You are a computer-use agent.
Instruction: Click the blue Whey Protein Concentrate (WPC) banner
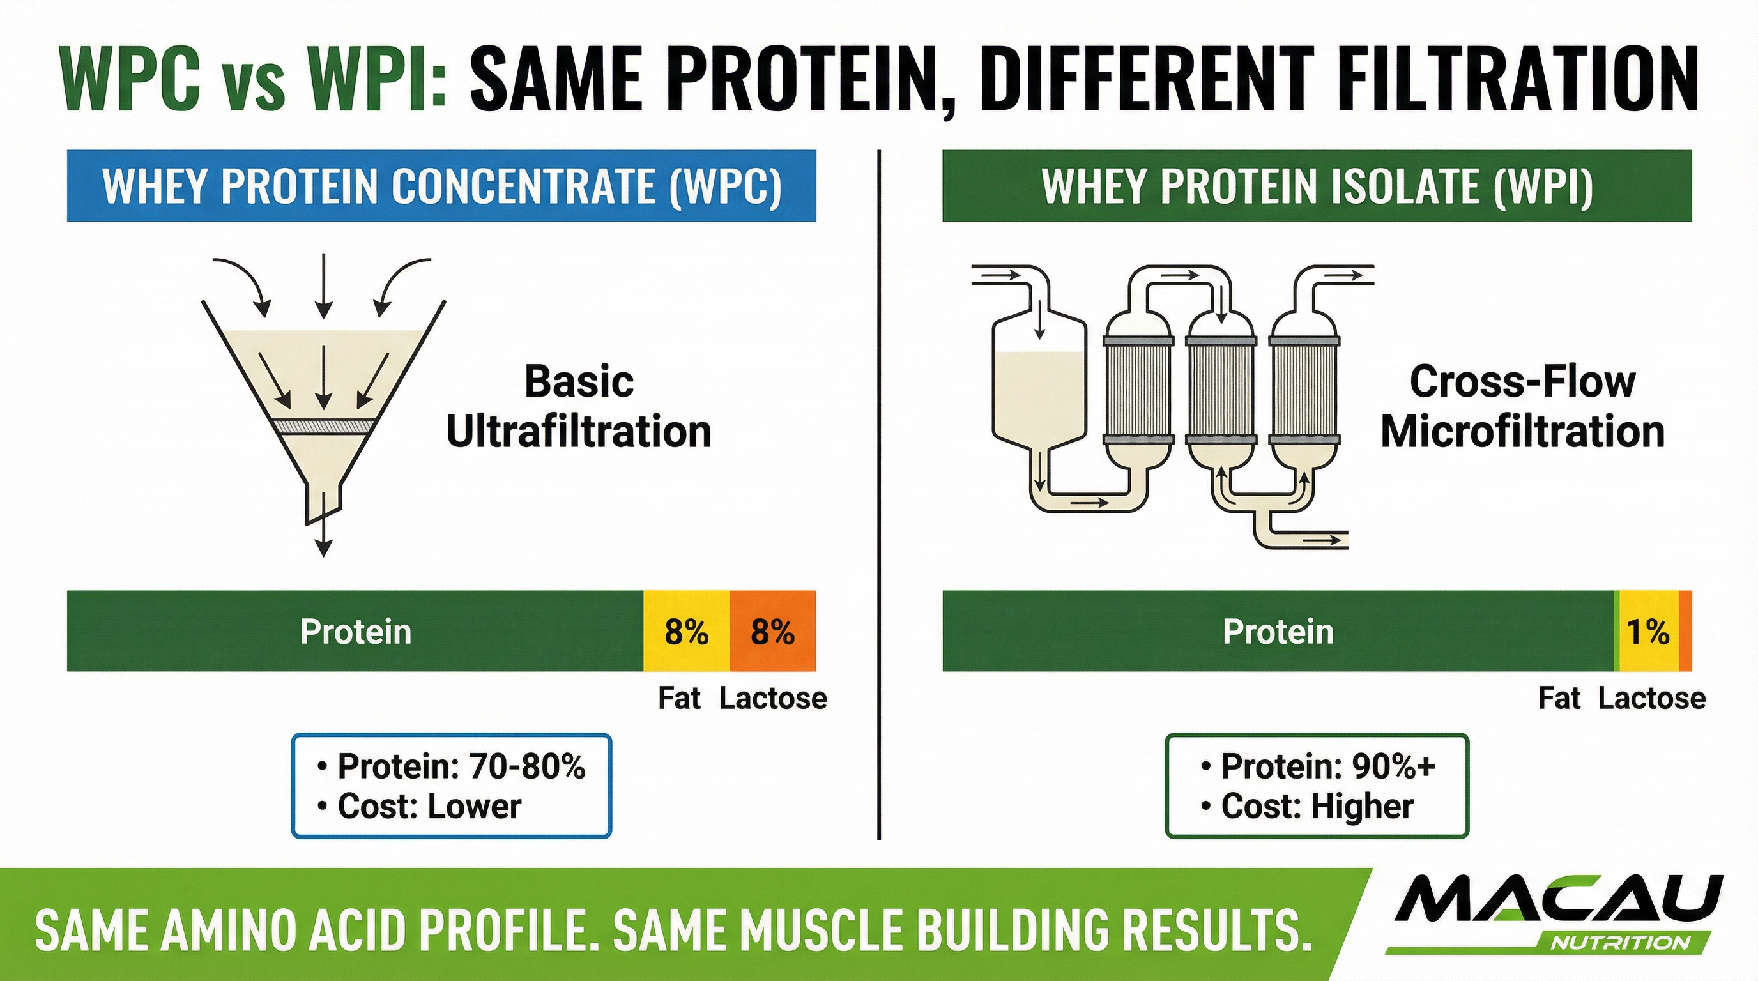pyautogui.click(x=441, y=186)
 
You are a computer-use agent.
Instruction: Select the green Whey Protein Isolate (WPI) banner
pyautogui.click(x=1317, y=186)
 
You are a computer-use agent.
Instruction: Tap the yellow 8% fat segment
pyautogui.click(x=686, y=631)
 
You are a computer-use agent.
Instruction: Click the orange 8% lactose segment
pyautogui.click(x=772, y=631)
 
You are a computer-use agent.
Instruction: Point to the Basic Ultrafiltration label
pyautogui.click(x=579, y=407)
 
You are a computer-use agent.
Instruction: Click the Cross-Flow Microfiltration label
pyautogui.click(x=1522, y=407)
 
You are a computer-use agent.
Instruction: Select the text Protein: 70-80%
pyautogui.click(x=461, y=766)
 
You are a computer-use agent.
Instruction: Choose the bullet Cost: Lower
pyautogui.click(x=429, y=807)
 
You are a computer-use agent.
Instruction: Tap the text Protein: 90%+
pyautogui.click(x=1327, y=766)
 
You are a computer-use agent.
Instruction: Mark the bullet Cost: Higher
pyautogui.click(x=1317, y=807)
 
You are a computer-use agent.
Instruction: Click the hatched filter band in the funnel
pyautogui.click(x=323, y=426)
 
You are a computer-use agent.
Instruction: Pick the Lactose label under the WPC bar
pyautogui.click(x=772, y=699)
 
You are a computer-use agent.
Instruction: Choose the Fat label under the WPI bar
pyautogui.click(x=1559, y=699)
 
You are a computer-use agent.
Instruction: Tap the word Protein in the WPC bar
pyautogui.click(x=356, y=631)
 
